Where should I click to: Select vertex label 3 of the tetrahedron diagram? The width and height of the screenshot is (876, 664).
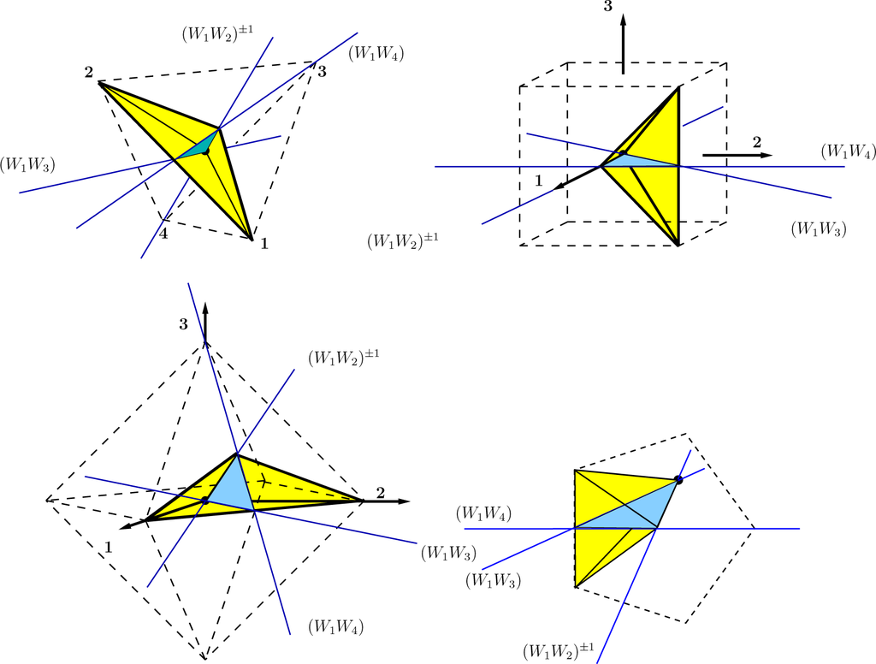pyautogui.click(x=322, y=71)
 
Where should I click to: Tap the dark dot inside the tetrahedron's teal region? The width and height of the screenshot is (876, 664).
pyautogui.click(x=205, y=151)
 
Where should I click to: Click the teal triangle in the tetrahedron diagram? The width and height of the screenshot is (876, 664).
pyautogui.click(x=198, y=147)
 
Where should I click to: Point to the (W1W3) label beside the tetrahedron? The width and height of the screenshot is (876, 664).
pyautogui.click(x=27, y=163)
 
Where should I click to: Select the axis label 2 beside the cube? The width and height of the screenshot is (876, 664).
pyautogui.click(x=756, y=143)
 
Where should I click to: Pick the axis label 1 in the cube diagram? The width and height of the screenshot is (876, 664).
pyautogui.click(x=538, y=179)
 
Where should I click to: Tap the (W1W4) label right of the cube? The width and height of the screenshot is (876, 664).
pyautogui.click(x=848, y=151)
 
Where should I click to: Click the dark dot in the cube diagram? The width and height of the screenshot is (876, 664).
pyautogui.click(x=623, y=153)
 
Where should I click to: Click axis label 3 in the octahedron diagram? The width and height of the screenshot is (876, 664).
pyautogui.click(x=183, y=323)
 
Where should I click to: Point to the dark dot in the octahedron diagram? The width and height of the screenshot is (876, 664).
pyautogui.click(x=204, y=501)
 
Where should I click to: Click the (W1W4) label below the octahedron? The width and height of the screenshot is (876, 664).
pyautogui.click(x=335, y=626)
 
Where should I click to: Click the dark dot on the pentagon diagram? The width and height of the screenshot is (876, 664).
pyautogui.click(x=678, y=480)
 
